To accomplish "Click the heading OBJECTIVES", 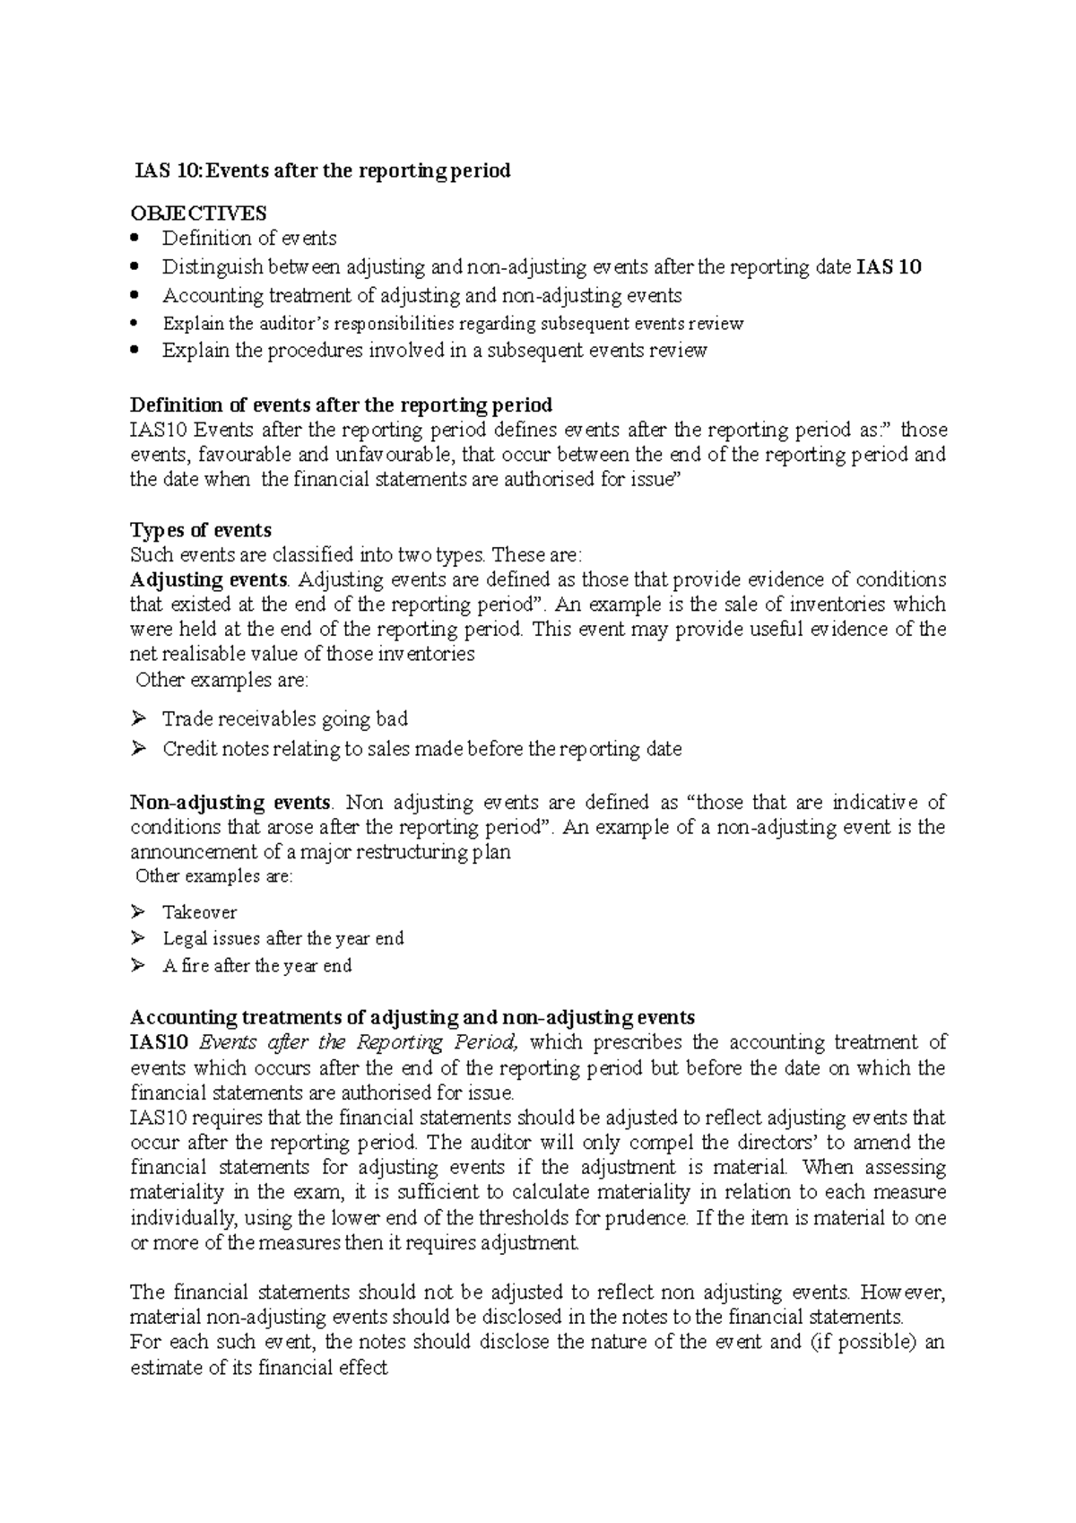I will pyautogui.click(x=198, y=213).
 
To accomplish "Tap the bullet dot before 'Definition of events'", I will pyautogui.click(x=135, y=238).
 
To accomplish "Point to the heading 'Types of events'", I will pyautogui.click(x=201, y=530).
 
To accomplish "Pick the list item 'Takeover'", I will pyautogui.click(x=199, y=912).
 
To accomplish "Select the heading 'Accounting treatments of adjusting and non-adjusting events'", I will pyautogui.click(x=412, y=1017).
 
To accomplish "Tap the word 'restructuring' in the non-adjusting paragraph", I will pyautogui.click(x=413, y=852).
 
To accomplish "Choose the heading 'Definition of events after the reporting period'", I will pyautogui.click(x=341, y=405).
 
